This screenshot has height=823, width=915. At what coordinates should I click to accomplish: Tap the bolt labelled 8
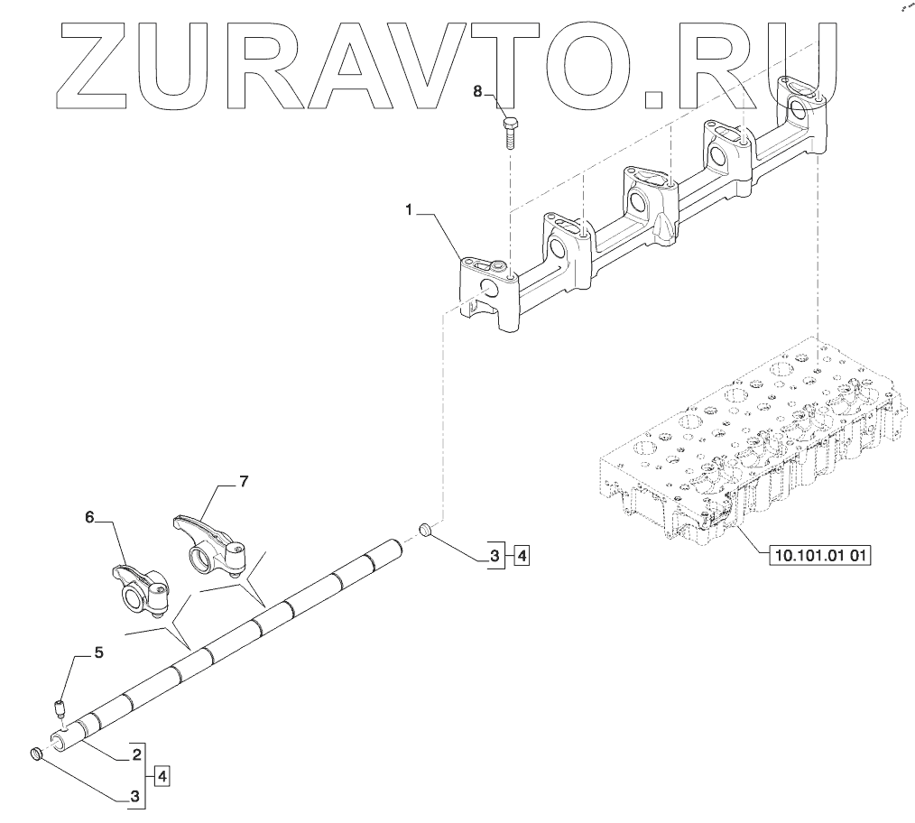coord(508,131)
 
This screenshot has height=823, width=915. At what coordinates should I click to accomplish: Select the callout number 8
coord(479,91)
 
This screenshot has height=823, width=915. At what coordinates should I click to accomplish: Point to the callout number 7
coord(243,482)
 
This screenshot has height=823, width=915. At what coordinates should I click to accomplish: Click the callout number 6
coord(89,516)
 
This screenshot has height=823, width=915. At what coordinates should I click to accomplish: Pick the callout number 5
coord(99,651)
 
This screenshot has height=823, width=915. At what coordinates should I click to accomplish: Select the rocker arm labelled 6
coord(139,587)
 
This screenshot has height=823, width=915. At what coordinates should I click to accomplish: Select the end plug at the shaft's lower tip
coord(37,754)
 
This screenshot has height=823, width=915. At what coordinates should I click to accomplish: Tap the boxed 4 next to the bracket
coord(161,775)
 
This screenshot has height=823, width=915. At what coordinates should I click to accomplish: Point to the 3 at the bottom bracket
coord(136,797)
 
